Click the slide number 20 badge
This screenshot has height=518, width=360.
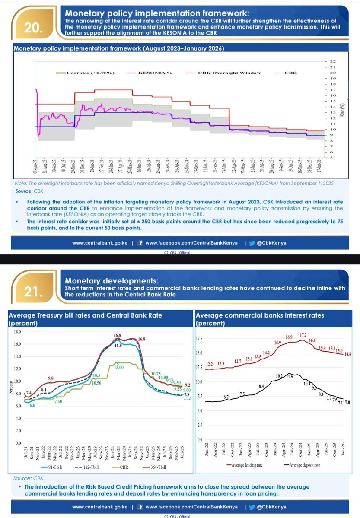(33, 29)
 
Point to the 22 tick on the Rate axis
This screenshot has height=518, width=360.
(332, 62)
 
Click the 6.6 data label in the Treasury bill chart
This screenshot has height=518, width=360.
(32, 406)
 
